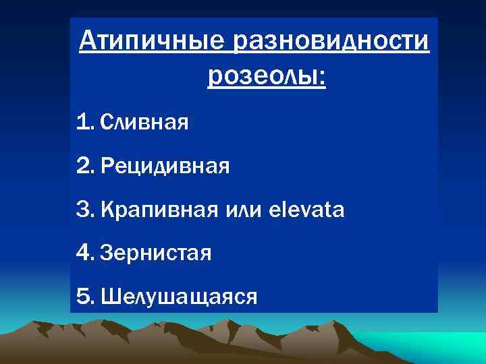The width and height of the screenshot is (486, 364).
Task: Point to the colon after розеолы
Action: pyautogui.click(x=321, y=82)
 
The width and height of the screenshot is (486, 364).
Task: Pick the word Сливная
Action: pyautogui.click(x=144, y=123)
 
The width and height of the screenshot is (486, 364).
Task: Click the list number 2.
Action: pyautogui.click(x=84, y=166)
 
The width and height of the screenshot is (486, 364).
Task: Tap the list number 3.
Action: pyautogui.click(x=84, y=210)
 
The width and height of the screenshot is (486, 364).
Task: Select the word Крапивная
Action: pyautogui.click(x=159, y=210)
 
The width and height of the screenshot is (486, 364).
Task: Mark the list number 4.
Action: pyautogui.click(x=84, y=253)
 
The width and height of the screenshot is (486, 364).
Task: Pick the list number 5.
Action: pyautogui.click(x=84, y=297)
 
